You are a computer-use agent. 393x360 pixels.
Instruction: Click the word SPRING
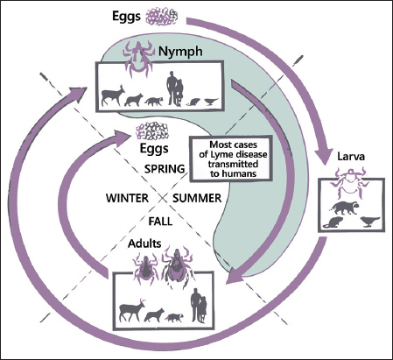[165, 169]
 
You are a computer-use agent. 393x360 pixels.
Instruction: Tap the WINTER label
[127, 198]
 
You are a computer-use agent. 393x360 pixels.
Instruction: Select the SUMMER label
[197, 198]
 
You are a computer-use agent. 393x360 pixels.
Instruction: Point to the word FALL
[160, 222]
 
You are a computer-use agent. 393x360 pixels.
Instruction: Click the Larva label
[351, 156]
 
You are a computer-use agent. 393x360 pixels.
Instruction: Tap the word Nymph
[180, 52]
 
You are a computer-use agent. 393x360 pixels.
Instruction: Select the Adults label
[144, 244]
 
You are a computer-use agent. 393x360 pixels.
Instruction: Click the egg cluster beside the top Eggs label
[162, 17]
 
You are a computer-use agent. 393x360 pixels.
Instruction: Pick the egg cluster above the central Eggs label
[152, 131]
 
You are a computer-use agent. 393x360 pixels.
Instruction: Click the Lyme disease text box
[231, 159]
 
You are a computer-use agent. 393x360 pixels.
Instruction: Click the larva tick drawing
[349, 182]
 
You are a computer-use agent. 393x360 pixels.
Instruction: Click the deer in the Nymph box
[112, 95]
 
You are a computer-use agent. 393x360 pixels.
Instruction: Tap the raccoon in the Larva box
[345, 208]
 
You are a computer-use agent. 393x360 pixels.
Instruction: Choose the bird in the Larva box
[369, 222]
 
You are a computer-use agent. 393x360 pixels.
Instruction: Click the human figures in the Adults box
[199, 306]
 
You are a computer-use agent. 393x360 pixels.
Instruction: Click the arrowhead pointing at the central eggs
[122, 138]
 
